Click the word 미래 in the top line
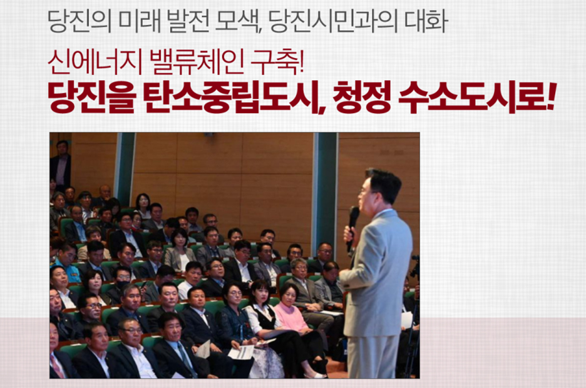(x=140, y=21)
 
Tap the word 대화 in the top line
(x=426, y=21)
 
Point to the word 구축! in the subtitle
(x=277, y=61)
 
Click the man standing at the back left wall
(x=61, y=165)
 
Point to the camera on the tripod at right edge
(x=415, y=267)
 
